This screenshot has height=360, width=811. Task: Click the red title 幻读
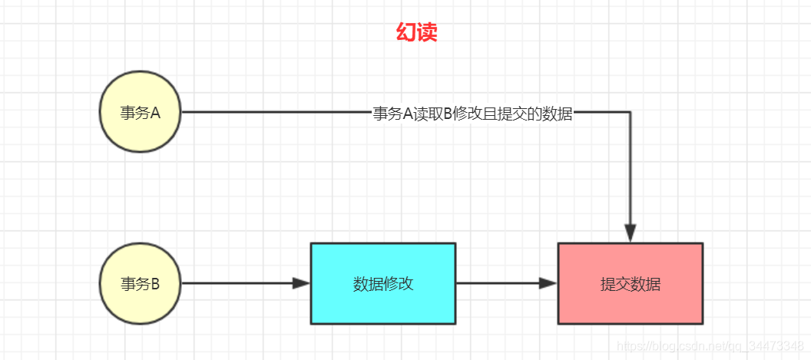pos(417,33)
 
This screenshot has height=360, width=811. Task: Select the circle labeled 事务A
pos(141,112)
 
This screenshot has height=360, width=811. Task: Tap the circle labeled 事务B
pos(141,283)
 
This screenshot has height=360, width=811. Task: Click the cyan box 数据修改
pos(383,283)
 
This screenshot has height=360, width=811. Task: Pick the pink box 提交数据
pos(631,283)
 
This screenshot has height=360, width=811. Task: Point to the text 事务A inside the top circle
pos(141,113)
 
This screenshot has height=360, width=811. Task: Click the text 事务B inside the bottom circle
pos(141,284)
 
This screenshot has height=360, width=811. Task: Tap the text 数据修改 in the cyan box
pos(383,284)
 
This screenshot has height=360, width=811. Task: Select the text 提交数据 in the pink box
pos(631,284)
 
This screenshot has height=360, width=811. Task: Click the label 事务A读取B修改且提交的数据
pos(473,114)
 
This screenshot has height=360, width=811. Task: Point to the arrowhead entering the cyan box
pos(301,283)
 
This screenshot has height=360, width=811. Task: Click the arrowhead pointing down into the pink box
pos(630,233)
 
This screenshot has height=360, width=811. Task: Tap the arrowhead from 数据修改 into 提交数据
pos(548,283)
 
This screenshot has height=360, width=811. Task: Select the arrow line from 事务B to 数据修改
pos(246,283)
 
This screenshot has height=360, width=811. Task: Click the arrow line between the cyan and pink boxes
pos(507,283)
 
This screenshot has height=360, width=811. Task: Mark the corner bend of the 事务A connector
pos(630,112)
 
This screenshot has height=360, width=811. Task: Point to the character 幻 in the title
pos(406,33)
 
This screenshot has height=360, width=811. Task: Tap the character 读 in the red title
pos(428,33)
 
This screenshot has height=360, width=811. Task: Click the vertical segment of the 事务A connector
pos(630,177)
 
